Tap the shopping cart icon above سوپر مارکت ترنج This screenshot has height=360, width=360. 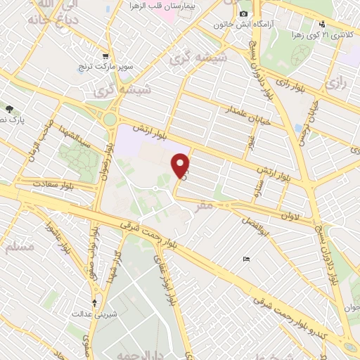click(105, 56)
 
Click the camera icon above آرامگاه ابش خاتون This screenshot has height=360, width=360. click(243, 14)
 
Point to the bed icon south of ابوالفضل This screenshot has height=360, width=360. click(245, 259)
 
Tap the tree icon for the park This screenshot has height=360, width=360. click(9, 109)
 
